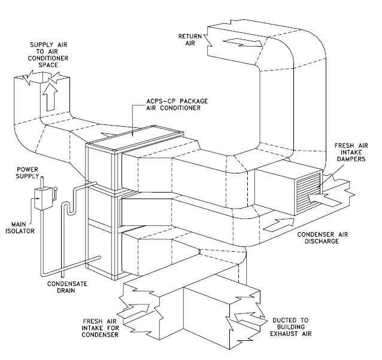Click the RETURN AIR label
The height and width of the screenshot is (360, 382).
tap(190, 39)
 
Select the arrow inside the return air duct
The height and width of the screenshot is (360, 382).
tap(242, 42)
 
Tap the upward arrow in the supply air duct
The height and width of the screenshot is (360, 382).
tap(50, 97)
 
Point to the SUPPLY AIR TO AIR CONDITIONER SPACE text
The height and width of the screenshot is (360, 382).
tap(48, 55)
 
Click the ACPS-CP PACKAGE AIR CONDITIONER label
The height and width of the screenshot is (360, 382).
tap(177, 104)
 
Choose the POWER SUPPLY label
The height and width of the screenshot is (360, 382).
tap(28, 172)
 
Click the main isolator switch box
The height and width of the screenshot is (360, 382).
tap(43, 199)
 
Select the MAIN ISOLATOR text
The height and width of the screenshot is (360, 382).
tap(20, 227)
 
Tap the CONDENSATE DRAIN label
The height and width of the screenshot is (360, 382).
tap(67, 287)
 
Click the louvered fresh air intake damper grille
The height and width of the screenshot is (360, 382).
tap(308, 193)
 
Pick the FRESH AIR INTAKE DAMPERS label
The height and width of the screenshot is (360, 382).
tap(351, 152)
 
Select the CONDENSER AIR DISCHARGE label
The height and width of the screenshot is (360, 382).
tap(323, 237)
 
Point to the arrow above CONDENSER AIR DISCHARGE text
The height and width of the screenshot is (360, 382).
tap(279, 224)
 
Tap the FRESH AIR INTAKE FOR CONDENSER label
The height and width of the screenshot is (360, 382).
tap(100, 328)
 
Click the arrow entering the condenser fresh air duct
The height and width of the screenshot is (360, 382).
tap(134, 311)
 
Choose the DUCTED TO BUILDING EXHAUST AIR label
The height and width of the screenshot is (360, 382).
tap(290, 327)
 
